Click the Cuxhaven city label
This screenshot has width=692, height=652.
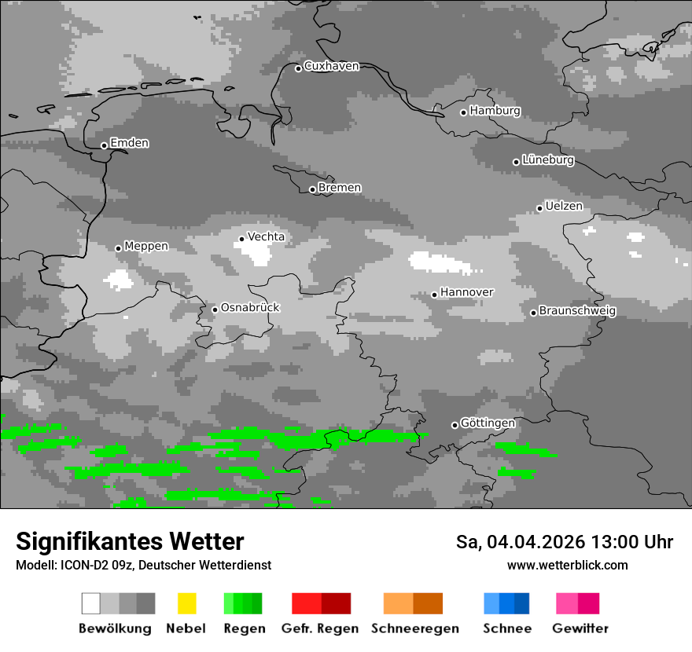coord(331,66)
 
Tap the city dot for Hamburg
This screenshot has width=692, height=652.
coord(463,112)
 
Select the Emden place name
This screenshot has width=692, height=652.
coord(129,143)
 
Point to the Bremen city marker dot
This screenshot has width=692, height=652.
coord(312,189)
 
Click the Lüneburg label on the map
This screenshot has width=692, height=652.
coord(547,160)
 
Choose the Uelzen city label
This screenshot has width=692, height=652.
coord(564,207)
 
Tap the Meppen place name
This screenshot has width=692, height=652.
coord(146,247)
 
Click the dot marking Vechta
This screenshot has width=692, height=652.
coord(241,239)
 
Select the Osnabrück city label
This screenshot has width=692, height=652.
coord(250,308)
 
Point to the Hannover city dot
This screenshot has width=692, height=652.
coord(434,295)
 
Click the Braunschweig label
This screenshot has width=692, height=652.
coord(577,311)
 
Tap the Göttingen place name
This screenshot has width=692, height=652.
coord(488,423)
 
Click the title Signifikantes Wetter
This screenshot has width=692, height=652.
coord(130,542)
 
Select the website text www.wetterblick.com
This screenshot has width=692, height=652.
coord(567,566)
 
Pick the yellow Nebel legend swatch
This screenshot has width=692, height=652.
coord(186,603)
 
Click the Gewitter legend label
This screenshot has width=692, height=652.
coord(580,628)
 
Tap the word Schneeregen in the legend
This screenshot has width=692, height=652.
coord(415,628)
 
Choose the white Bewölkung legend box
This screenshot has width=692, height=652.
coord(90,603)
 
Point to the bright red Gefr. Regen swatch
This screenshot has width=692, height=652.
coord(306,603)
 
